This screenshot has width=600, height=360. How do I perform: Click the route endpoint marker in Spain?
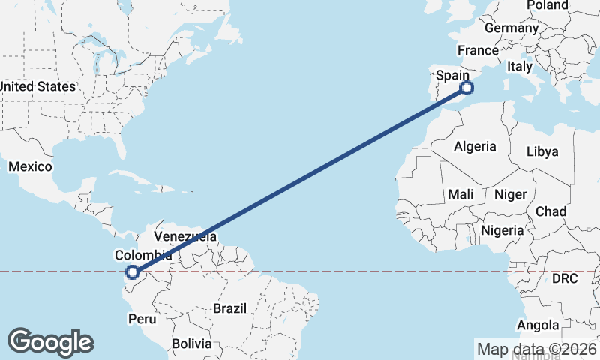pyautogui.click(x=466, y=88)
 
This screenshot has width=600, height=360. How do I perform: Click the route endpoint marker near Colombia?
pyautogui.click(x=133, y=273)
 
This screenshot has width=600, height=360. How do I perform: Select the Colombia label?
pyautogui.click(x=142, y=255)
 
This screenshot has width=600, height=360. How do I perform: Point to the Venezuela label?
pyautogui.click(x=185, y=236)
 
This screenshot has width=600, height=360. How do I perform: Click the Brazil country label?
pyautogui.click(x=229, y=308)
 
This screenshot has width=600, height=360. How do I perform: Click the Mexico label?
pyautogui.click(x=30, y=166)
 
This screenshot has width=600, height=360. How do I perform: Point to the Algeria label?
pyautogui.click(x=475, y=146)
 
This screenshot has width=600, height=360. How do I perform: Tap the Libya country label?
pyautogui.click(x=542, y=151)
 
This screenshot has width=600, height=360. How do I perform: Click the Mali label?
pyautogui.click(x=460, y=194)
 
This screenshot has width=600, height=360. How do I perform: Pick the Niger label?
pyautogui.click(x=510, y=194)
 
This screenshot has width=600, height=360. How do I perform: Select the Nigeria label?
pyautogui.click(x=502, y=230)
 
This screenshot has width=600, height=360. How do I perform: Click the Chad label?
pyautogui.click(x=550, y=211)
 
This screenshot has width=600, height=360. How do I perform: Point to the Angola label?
pyautogui.click(x=538, y=325)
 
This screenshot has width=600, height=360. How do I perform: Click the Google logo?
pyautogui.click(x=51, y=342)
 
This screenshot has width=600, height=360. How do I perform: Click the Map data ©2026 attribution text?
pyautogui.click(x=537, y=349)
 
